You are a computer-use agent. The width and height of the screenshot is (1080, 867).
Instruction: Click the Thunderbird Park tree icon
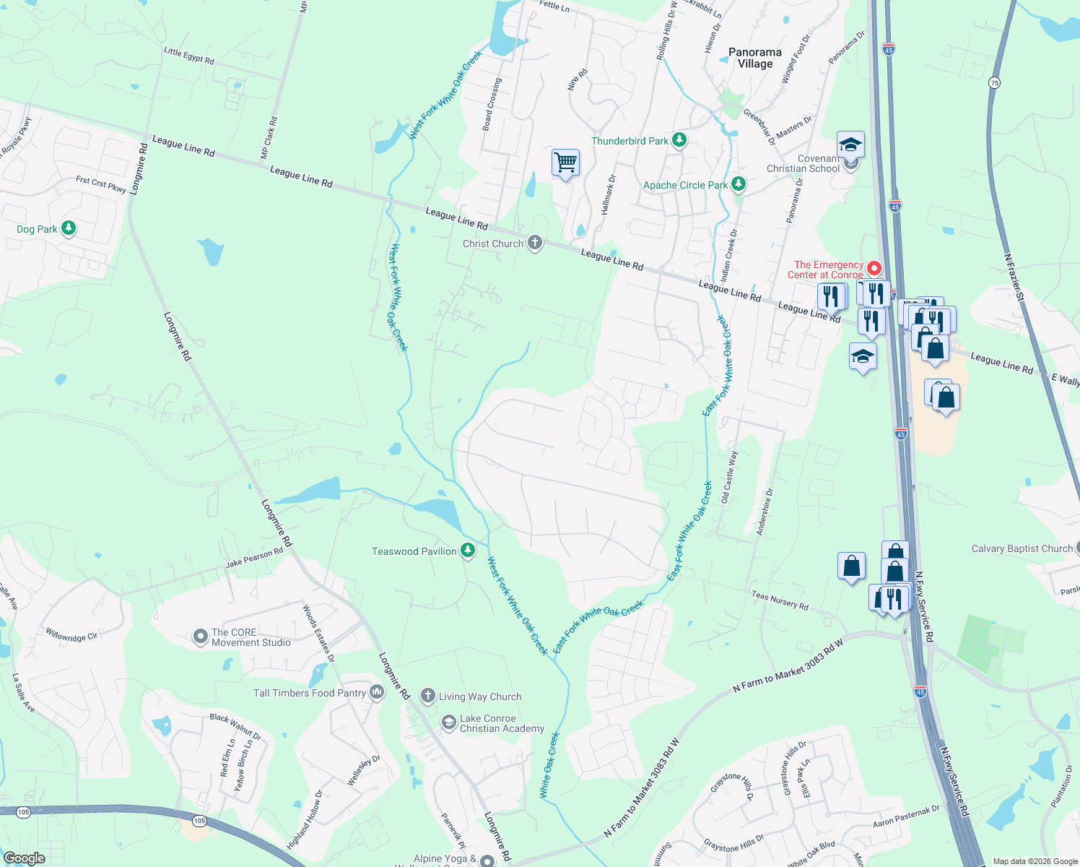click(679, 140)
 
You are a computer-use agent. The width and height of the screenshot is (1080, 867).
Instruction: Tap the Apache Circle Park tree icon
click(738, 184)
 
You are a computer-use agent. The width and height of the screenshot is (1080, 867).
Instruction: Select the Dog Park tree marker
click(69, 228)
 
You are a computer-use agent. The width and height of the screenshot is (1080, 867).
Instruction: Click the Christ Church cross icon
click(534, 243)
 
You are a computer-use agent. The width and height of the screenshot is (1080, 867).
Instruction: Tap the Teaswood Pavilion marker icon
click(468, 551)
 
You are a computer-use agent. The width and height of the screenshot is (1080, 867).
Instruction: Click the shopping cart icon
click(565, 163)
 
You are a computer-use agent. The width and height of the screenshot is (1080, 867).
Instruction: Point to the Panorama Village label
click(754, 58)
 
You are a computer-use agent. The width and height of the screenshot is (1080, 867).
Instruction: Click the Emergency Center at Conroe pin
click(874, 269)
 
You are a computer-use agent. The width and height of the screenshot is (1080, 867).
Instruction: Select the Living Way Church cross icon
click(428, 696)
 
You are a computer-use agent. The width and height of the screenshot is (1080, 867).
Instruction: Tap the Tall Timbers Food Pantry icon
click(377, 692)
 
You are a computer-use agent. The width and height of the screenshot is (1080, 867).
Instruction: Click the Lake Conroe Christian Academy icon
click(448, 722)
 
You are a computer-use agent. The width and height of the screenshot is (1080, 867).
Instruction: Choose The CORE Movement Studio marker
click(200, 637)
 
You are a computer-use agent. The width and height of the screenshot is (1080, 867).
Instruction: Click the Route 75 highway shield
click(995, 82)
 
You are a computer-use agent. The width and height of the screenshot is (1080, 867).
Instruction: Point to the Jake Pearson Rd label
click(254, 558)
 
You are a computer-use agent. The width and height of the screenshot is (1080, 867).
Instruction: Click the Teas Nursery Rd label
click(780, 600)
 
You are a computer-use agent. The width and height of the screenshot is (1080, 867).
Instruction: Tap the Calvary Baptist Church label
click(1022, 549)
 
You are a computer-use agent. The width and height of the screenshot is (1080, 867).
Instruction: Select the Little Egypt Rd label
click(189, 56)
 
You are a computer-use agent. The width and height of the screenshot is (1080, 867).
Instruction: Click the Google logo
click(24, 858)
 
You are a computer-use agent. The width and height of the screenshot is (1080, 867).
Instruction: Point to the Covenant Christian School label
click(803, 163)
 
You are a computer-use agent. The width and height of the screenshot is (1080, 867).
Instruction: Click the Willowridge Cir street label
click(71, 637)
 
